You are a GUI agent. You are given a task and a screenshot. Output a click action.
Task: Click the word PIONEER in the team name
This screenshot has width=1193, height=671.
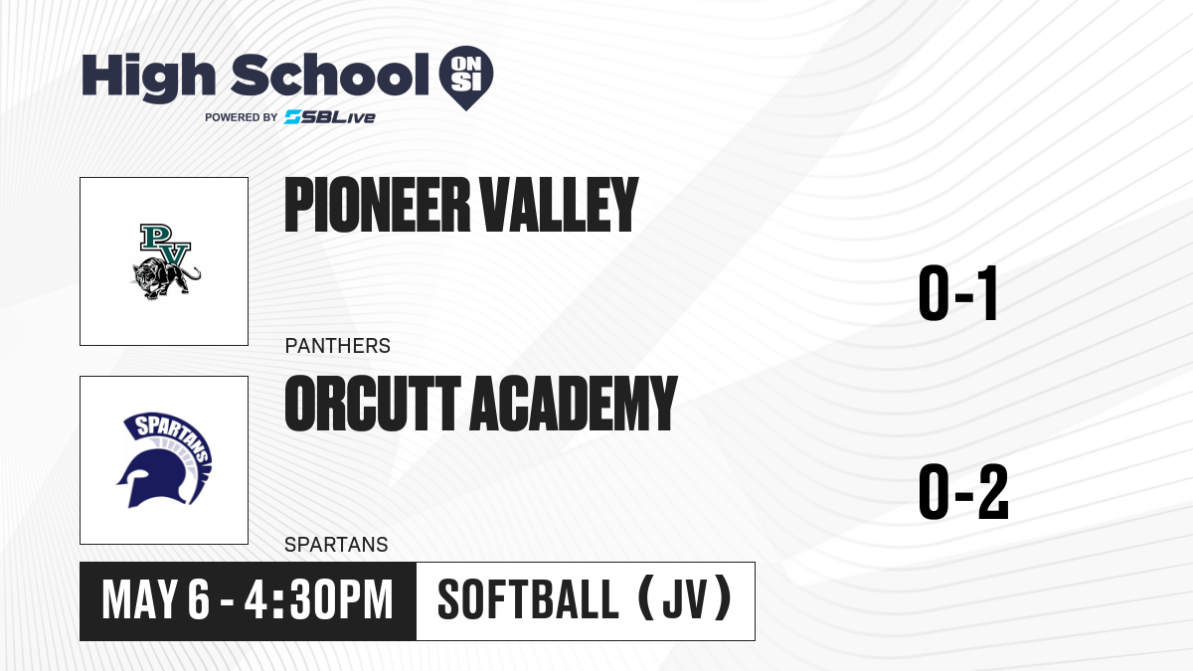tap(377, 205)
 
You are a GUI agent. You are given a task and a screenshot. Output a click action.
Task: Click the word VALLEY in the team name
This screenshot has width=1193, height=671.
tap(558, 205)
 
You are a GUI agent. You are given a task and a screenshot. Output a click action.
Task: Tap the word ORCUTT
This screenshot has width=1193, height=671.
tap(372, 404)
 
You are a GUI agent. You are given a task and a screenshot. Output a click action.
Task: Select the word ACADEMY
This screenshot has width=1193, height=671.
tap(573, 404)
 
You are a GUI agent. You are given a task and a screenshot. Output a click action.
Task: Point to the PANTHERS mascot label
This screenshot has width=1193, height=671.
tap(338, 346)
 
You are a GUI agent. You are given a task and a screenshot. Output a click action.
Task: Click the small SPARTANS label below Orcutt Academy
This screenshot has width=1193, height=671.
tap(336, 545)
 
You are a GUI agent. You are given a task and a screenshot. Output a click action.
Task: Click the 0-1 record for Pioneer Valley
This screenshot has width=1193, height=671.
tap(957, 293)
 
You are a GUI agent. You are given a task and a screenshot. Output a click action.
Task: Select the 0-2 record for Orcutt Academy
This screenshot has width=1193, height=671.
tap(963, 491)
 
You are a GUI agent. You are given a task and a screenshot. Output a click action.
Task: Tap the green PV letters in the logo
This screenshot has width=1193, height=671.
tap(165, 245)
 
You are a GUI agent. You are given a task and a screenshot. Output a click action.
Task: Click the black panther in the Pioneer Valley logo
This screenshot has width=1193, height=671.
tap(166, 278)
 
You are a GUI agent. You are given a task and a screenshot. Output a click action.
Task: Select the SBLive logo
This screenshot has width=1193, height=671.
tap(329, 116)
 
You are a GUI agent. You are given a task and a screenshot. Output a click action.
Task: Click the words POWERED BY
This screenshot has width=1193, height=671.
tap(242, 117)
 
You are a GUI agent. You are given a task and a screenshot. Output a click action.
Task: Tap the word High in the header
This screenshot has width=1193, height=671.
tap(148, 77)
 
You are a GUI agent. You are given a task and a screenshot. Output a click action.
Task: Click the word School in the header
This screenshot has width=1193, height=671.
tap(330, 75)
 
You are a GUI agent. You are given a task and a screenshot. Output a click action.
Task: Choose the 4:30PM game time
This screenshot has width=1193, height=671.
tap(318, 600)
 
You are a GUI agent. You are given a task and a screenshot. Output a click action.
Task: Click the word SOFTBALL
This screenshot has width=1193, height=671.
tap(528, 599)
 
